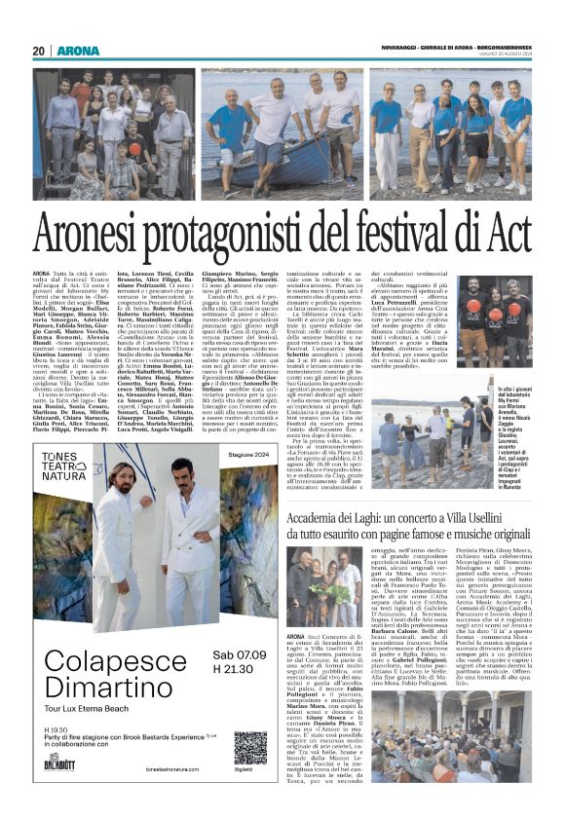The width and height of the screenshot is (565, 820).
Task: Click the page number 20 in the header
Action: (40, 51)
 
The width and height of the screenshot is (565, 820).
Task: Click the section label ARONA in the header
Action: (78, 51)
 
